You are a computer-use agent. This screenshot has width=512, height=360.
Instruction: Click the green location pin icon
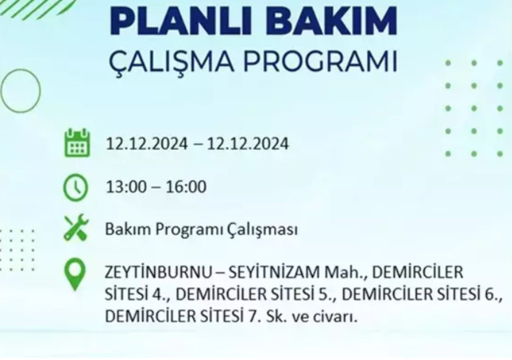[76, 275]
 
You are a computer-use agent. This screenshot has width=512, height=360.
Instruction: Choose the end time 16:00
[185, 187]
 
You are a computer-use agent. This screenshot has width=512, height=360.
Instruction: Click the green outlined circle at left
[20, 91]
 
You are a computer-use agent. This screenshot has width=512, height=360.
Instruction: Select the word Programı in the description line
[182, 230]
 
